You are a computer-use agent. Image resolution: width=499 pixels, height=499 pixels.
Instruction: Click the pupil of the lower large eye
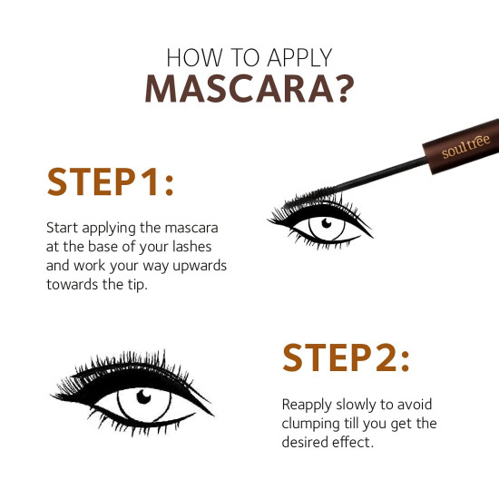click(144, 397)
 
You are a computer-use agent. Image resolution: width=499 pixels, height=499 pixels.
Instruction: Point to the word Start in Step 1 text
click(61, 226)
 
